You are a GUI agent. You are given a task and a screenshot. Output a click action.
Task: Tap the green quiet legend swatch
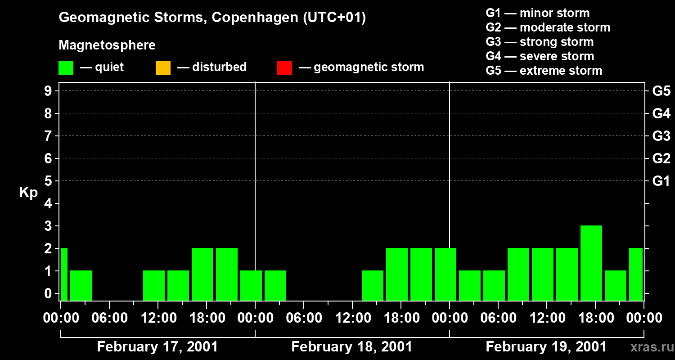coord(66,68)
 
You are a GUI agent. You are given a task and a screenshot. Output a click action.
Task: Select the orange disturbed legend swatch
coord(163,68)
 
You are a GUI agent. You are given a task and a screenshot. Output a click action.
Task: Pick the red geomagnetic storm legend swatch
coord(284,68)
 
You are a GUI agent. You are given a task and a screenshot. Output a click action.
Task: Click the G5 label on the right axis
coord(661,91)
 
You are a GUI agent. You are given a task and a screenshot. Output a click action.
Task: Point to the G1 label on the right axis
coord(661,181)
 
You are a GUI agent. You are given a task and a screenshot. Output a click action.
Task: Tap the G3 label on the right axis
coord(661,136)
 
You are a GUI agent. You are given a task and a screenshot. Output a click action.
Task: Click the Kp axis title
coord(28,193)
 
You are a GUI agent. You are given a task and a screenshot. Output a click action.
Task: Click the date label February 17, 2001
coord(157,347)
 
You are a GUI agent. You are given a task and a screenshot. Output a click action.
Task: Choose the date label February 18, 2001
coord(352,347)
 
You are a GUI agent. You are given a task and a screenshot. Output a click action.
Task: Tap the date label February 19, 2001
coord(546,347)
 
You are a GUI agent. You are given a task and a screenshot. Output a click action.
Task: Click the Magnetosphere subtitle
coord(107,45)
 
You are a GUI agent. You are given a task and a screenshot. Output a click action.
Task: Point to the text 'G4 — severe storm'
coord(540,56)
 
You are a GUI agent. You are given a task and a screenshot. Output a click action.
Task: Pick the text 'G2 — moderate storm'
coord(548,27)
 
